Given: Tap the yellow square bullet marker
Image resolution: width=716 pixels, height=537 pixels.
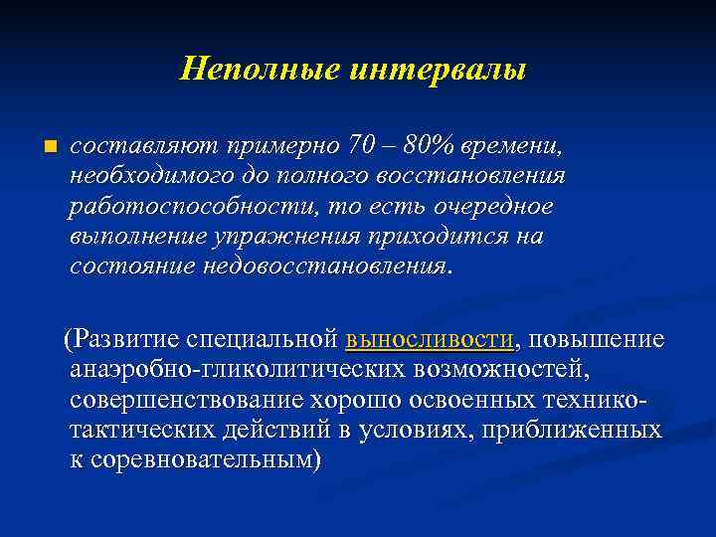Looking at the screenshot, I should (40, 147).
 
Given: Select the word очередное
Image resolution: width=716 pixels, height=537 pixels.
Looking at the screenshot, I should (499, 208).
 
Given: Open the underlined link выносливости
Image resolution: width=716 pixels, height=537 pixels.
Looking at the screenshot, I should (430, 339).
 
